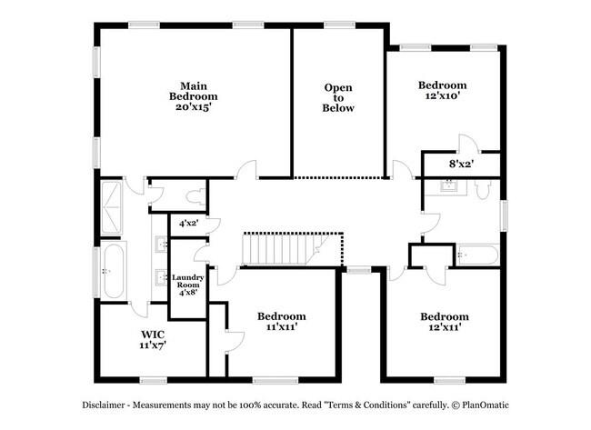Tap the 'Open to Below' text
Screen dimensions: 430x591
pyautogui.click(x=338, y=98)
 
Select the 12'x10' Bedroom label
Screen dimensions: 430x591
pyautogui.click(x=442, y=91)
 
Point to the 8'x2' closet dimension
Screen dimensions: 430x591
pyautogui.click(x=461, y=165)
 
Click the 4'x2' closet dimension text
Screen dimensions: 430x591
pyautogui.click(x=188, y=222)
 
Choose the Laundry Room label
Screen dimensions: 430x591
pyautogui.click(x=188, y=285)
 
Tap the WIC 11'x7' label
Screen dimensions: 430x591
pyautogui.click(x=152, y=339)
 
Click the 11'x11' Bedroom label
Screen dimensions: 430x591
pyautogui.click(x=281, y=321)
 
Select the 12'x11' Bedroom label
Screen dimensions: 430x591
pyautogui.click(x=444, y=322)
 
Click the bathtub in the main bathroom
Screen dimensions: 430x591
pyautogui.click(x=113, y=270)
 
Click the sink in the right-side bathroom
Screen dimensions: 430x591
pyautogui.click(x=447, y=186)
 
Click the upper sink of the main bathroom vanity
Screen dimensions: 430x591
pyautogui.click(x=161, y=244)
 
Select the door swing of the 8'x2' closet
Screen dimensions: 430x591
pyautogui.click(x=466, y=144)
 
